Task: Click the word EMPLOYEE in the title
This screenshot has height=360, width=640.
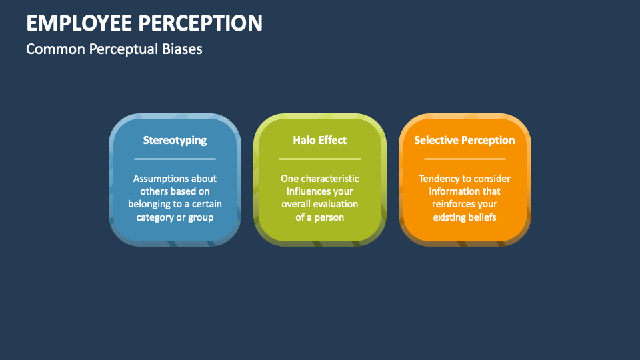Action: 79,23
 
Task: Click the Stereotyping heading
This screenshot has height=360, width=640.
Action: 175,141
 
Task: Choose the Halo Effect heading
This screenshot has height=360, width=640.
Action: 319,140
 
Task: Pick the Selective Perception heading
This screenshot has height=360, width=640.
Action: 465,140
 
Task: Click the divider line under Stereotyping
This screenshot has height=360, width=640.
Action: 175,159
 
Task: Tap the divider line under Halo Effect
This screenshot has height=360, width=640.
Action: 319,159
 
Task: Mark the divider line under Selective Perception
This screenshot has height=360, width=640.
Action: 465,159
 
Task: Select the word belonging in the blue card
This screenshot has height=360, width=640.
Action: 149,205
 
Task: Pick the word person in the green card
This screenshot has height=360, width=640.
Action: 330,217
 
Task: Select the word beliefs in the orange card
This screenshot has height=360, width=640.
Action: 482,217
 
